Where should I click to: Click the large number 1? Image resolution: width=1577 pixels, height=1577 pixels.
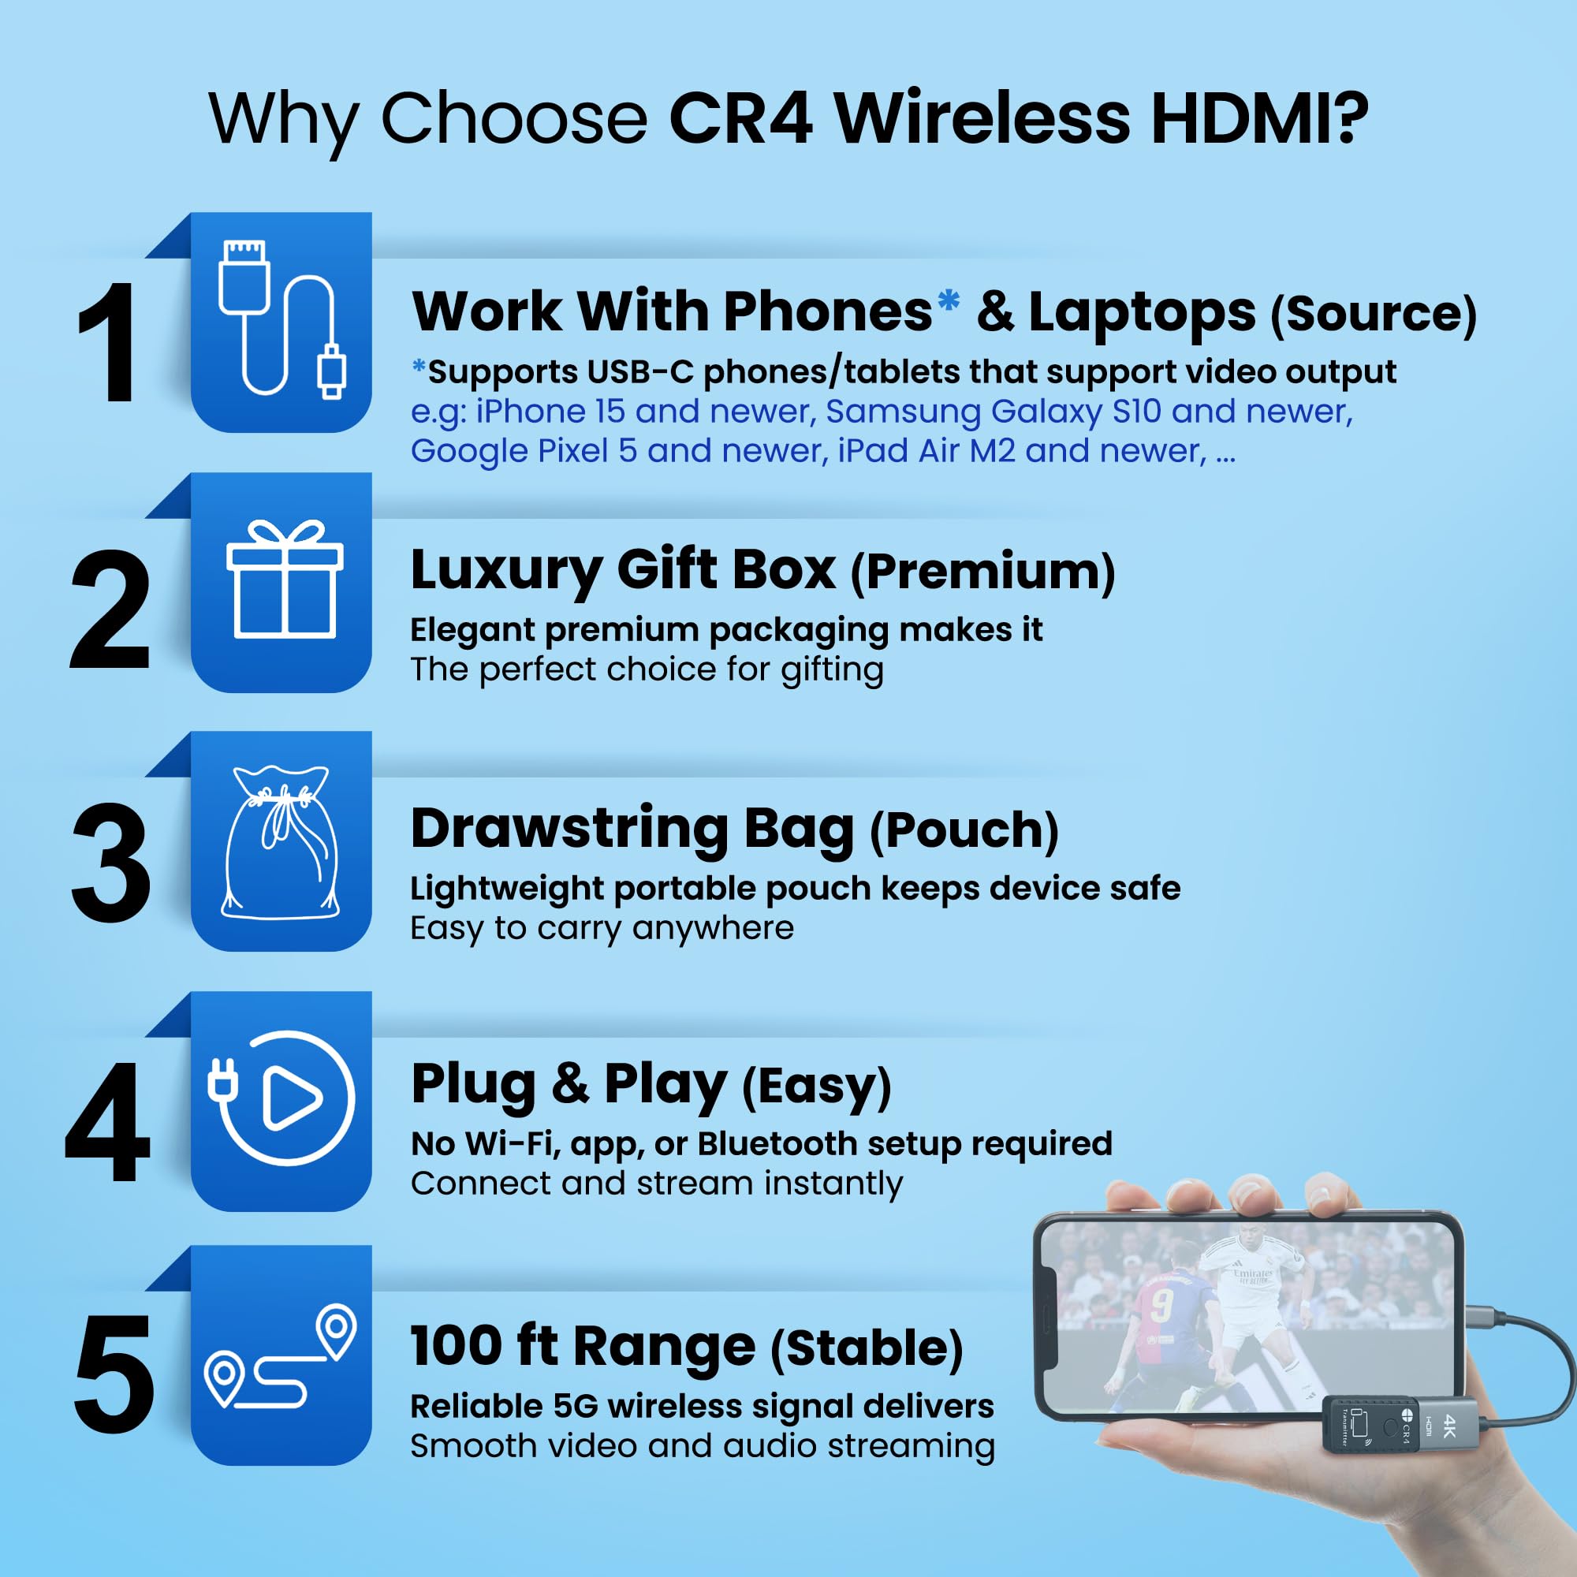point(109,343)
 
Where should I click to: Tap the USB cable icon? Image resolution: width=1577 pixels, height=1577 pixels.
point(281,320)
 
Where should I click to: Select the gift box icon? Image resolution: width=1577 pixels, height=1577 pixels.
point(284,580)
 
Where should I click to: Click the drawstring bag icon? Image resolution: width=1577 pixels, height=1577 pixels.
point(280,842)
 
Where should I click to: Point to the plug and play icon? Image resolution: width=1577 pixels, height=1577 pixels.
point(281,1098)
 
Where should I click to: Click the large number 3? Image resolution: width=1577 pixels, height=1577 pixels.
point(110,863)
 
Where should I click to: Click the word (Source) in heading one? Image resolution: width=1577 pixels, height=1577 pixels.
point(1373,315)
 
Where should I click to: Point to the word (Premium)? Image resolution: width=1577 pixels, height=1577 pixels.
point(982,572)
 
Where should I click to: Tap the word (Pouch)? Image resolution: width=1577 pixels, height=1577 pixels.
point(964,831)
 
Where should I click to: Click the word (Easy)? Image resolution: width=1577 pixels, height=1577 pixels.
point(815,1087)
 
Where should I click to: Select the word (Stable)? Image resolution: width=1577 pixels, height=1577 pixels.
point(867,1348)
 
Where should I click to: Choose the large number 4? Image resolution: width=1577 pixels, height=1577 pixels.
point(108,1122)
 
